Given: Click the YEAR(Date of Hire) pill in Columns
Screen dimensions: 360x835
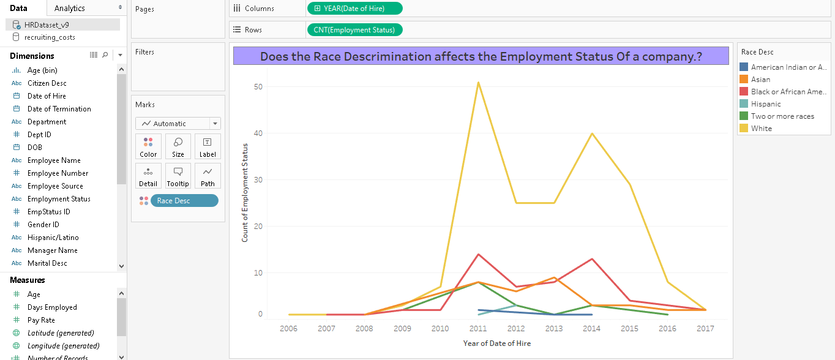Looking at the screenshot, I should (354, 9).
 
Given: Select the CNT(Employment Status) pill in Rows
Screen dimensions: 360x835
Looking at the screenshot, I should (354, 29).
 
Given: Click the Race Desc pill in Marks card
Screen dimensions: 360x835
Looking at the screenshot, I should (184, 201).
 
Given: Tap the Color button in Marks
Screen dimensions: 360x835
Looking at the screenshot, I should (148, 147).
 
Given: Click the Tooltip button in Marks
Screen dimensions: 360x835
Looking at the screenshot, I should (178, 176).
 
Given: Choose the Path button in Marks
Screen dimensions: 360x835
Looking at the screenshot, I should (208, 176).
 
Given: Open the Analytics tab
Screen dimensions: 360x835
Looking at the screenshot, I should (70, 8).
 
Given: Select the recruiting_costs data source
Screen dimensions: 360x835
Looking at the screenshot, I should (50, 37).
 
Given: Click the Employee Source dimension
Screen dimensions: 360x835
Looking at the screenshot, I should (55, 186).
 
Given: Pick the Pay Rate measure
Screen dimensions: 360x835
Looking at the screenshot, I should (41, 320).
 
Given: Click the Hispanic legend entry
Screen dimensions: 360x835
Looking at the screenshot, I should (766, 104).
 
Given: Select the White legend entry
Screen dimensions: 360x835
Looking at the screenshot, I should (762, 129).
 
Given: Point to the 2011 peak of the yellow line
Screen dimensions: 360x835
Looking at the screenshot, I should (478, 82).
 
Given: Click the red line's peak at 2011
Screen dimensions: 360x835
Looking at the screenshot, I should (478, 254).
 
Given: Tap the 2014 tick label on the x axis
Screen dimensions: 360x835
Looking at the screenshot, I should (591, 329).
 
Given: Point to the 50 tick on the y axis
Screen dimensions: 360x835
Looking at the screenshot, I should (258, 87).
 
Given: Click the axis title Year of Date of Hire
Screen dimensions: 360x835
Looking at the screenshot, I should (496, 343).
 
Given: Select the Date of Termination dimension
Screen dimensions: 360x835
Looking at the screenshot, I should (59, 109).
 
